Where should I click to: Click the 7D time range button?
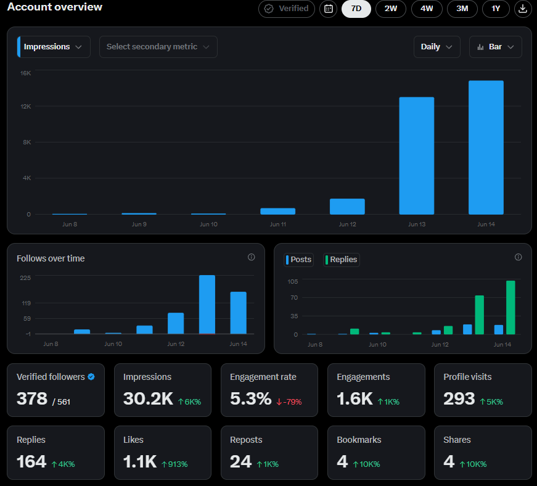click(x=356, y=9)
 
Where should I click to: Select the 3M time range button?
click(x=462, y=9)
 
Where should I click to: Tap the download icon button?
click(x=523, y=9)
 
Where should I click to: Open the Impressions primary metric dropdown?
click(x=54, y=47)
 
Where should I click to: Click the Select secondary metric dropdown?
click(x=158, y=47)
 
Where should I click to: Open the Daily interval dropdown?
click(x=437, y=47)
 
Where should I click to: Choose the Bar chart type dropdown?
click(x=495, y=47)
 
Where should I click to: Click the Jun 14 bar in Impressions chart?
click(x=486, y=147)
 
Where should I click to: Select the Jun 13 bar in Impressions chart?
click(x=416, y=156)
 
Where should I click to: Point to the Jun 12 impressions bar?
click(x=347, y=207)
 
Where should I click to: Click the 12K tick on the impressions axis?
click(x=26, y=107)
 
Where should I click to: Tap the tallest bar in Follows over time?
click(x=207, y=305)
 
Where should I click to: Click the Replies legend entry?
click(x=342, y=260)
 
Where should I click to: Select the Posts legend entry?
click(x=299, y=260)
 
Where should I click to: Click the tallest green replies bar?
click(x=510, y=308)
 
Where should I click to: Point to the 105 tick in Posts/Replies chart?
click(x=293, y=281)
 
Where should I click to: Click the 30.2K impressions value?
click(x=149, y=398)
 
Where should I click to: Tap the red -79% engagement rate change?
click(x=289, y=402)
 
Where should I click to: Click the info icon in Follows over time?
click(x=252, y=257)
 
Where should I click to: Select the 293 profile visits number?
click(x=459, y=398)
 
